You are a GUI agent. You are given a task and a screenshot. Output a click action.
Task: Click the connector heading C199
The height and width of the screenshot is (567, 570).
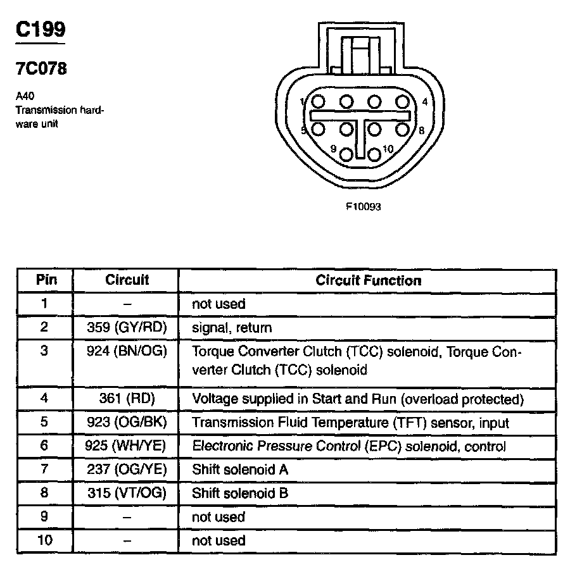click(x=40, y=30)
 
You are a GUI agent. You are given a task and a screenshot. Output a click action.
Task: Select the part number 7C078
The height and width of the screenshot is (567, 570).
click(x=41, y=69)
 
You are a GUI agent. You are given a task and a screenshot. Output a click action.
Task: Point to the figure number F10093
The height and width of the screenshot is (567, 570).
click(x=364, y=206)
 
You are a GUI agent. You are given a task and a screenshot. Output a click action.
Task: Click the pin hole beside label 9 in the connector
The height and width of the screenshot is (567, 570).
click(x=346, y=153)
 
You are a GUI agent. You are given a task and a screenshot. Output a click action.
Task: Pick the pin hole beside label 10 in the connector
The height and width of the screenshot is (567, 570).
click(x=374, y=153)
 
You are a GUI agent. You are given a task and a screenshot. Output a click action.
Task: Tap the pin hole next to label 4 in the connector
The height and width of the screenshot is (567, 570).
click(x=402, y=101)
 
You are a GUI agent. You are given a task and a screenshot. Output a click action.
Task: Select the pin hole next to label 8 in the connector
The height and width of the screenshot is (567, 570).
click(x=402, y=129)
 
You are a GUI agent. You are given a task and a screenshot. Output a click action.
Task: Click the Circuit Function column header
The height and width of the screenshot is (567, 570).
click(x=368, y=280)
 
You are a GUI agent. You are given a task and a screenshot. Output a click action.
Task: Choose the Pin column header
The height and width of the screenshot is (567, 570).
click(x=44, y=280)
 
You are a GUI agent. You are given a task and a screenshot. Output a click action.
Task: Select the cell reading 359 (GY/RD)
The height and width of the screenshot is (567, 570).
click(x=126, y=328)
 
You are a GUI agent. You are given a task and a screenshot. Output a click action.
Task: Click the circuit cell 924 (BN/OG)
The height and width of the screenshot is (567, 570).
click(x=126, y=352)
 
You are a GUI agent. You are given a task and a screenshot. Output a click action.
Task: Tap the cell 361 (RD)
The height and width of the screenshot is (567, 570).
click(x=126, y=399)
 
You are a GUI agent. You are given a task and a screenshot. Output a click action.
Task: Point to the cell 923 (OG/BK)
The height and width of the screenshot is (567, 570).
click(x=126, y=422)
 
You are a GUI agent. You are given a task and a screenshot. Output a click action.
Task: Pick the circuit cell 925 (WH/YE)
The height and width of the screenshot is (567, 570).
click(x=126, y=446)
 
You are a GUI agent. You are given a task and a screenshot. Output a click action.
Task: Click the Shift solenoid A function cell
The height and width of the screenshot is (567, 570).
click(x=240, y=470)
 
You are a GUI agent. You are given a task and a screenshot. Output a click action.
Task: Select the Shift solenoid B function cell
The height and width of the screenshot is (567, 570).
click(x=240, y=493)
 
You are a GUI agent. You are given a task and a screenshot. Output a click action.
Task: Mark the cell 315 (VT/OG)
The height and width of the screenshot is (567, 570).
click(x=126, y=493)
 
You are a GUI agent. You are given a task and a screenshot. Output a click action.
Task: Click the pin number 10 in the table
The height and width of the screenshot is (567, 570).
click(x=44, y=540)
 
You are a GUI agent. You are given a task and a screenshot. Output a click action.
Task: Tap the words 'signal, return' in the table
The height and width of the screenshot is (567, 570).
click(x=232, y=328)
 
